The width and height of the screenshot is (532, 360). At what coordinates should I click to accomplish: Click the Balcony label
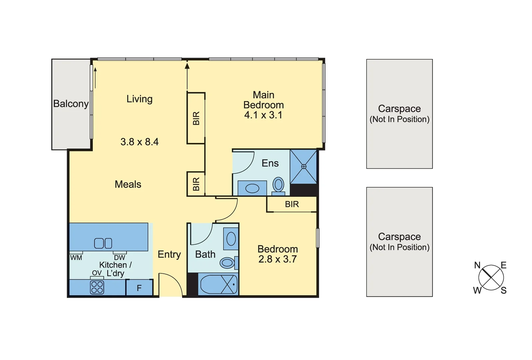tap(71, 104)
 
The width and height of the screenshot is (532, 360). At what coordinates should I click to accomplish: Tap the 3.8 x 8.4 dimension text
tap(139, 142)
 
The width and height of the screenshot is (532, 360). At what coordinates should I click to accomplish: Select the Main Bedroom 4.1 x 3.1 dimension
tap(263, 115)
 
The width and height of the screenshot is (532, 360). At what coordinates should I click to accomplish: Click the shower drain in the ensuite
tap(304, 166)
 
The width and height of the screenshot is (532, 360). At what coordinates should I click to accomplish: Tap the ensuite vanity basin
tap(252, 188)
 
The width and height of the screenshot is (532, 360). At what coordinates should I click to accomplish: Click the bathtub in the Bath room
tap(218, 284)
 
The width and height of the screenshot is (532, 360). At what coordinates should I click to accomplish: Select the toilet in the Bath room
tap(228, 263)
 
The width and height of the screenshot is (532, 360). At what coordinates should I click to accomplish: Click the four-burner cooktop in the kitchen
tap(97, 287)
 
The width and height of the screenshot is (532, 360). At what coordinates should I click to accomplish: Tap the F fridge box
tap(139, 288)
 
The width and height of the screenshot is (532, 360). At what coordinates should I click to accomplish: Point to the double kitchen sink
tap(103, 243)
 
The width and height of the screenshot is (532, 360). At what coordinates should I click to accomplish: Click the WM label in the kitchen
tap(76, 258)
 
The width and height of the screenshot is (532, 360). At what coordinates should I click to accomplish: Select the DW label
tap(119, 258)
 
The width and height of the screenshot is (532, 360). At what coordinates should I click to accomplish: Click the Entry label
tap(169, 254)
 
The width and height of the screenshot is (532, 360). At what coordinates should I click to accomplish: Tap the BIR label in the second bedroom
tap(292, 204)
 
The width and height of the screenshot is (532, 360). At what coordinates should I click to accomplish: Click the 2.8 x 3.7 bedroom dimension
tap(277, 259)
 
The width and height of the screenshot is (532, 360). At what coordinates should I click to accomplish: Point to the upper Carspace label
tap(399, 109)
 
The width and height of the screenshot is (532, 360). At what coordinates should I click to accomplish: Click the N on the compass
tap(477, 265)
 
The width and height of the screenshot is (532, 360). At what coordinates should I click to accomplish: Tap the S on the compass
tap(503, 291)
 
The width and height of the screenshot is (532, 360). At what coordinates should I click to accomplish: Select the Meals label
tap(128, 184)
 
